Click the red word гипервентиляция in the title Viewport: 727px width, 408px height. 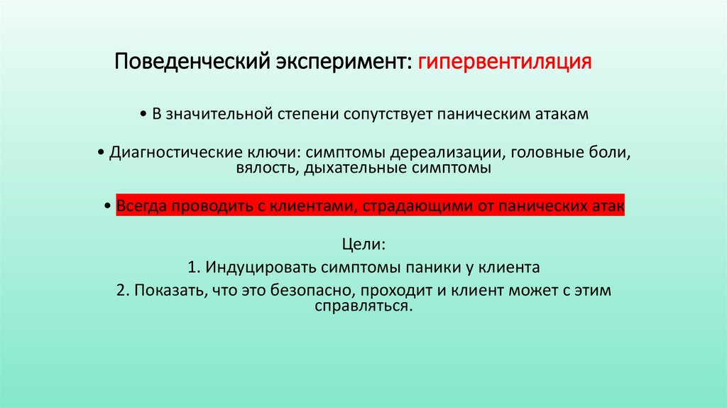point(504,61)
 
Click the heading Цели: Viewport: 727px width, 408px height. point(363,244)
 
